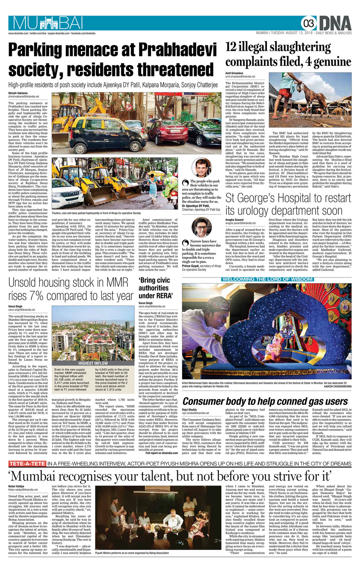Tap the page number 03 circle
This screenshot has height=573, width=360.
(309, 24)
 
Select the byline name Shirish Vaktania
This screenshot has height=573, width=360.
(18, 93)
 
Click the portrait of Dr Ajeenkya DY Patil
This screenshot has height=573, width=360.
(201, 168)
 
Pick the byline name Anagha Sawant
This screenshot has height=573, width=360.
(235, 220)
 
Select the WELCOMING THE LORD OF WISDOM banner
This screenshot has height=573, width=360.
(267, 279)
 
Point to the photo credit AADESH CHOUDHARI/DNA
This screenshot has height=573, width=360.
(335, 386)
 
